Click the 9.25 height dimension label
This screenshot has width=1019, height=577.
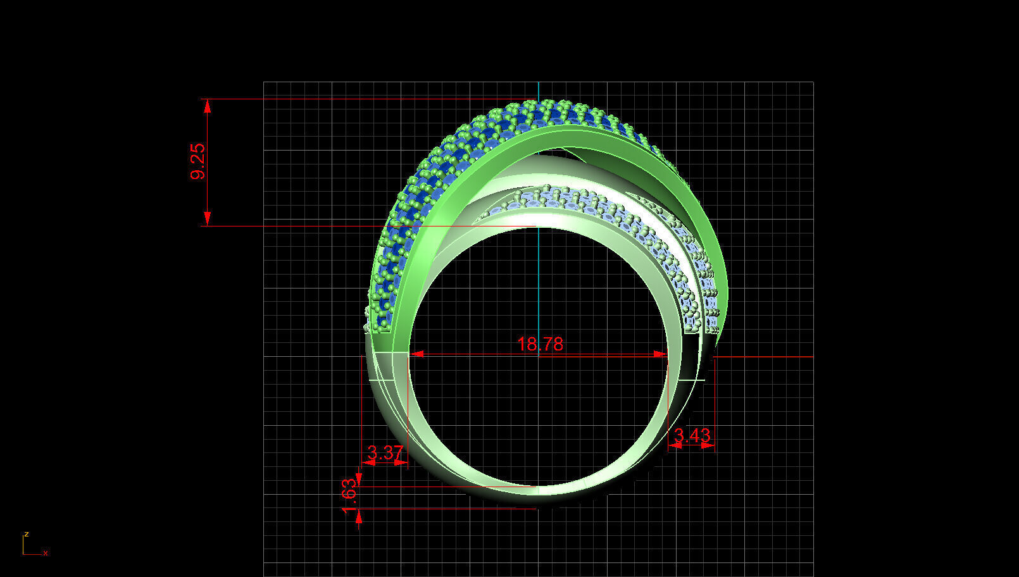pos(198,162)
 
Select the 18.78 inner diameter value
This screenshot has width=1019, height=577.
pos(540,344)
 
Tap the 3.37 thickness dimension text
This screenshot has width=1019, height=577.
pos(385,452)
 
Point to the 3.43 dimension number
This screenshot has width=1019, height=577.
pos(692,435)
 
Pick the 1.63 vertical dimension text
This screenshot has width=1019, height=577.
pos(349,496)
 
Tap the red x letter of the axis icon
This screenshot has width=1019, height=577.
pos(46,553)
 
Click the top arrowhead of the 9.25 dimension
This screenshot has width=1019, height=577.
pos(207,106)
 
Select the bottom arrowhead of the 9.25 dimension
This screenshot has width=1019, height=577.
pos(207,219)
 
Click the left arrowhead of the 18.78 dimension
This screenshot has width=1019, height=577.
pos(416,355)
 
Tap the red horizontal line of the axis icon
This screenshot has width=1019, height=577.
pos(32,554)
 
